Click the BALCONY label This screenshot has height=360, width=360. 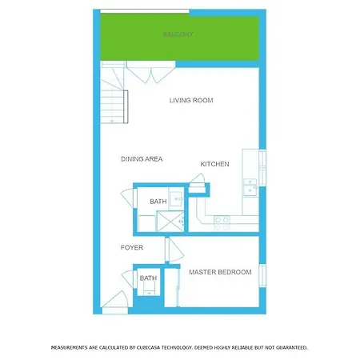pyautogui.click(x=178, y=34)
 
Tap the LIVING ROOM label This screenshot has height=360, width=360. pyautogui.click(x=191, y=100)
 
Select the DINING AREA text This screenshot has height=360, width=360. pyautogui.click(x=142, y=159)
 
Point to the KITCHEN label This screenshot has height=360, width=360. pyautogui.click(x=214, y=164)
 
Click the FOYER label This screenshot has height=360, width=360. pyautogui.click(x=132, y=247)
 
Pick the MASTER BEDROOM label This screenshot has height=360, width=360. pyautogui.click(x=220, y=272)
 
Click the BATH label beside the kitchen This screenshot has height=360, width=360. pyautogui.click(x=158, y=202)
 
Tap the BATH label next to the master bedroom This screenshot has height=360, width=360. pyautogui.click(x=148, y=278)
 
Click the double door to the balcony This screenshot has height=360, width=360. pyautogui.click(x=151, y=72)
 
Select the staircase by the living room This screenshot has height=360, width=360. pyautogui.click(x=114, y=92)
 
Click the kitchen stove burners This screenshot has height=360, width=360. pyautogui.click(x=222, y=223)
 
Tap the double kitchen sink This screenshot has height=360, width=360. pyautogui.click(x=250, y=187)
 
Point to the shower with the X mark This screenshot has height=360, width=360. pyautogui.click(x=170, y=222)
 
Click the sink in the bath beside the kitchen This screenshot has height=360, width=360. pyautogui.click(x=177, y=199)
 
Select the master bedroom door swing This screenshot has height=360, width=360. pyautogui.click(x=174, y=250)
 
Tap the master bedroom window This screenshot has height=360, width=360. pyautogui.click(x=262, y=275)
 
